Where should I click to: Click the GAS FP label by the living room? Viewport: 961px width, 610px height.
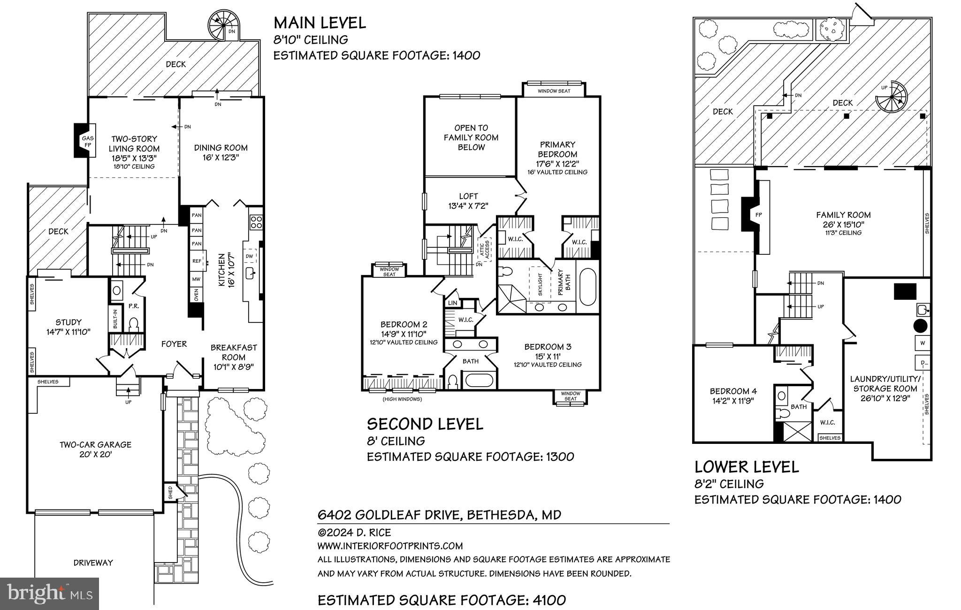88,142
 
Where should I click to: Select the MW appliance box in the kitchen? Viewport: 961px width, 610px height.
196,279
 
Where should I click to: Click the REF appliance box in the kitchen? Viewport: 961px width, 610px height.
197,261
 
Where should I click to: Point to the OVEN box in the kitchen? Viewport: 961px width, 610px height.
196,295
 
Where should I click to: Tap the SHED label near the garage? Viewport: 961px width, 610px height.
170,493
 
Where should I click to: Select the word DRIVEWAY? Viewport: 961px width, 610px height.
93,563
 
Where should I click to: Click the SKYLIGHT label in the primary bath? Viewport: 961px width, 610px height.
540,284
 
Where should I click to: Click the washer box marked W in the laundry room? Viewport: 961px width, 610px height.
923,343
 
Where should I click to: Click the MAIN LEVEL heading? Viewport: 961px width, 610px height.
320,23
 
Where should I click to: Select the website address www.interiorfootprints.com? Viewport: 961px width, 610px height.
390,546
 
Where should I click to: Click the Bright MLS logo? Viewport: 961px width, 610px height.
50,594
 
